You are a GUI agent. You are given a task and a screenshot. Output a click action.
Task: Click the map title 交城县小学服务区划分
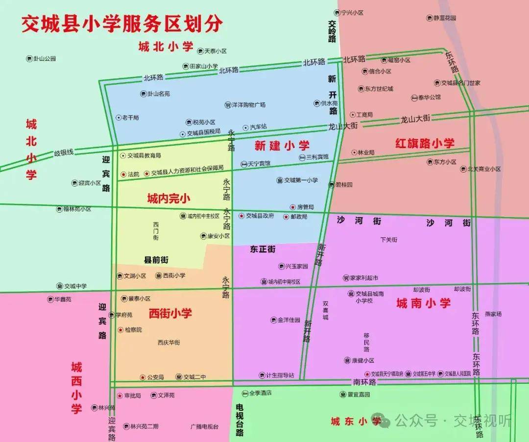tap(121, 24)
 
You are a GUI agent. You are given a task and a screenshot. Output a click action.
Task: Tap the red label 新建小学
tap(282, 145)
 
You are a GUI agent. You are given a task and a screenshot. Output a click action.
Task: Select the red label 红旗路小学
tap(425, 143)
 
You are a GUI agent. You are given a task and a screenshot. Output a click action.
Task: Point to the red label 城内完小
tap(168, 199)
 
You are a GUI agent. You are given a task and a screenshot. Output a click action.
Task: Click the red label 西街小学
tap(170, 313)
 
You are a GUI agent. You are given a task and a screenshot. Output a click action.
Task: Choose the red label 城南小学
tap(423, 303)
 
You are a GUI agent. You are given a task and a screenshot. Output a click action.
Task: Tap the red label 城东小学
tap(356, 421)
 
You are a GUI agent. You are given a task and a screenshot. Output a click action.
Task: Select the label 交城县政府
tap(260, 216)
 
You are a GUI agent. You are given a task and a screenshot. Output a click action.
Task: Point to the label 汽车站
tap(258, 127)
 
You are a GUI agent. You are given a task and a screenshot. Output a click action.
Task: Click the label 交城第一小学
tap(301, 180)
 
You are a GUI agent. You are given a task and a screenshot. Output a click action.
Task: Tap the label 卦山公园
tap(44, 59)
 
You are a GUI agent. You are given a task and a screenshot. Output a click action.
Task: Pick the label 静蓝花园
tap(444, 18)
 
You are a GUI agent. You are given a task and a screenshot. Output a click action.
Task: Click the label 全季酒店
tap(260, 393)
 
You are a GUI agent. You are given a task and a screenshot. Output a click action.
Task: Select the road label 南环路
tap(364, 381)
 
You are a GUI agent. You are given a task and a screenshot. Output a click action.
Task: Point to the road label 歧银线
tap(64, 153)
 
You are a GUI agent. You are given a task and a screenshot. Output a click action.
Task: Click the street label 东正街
tap(263, 249)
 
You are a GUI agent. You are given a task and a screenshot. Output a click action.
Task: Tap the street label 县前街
tap(156, 260)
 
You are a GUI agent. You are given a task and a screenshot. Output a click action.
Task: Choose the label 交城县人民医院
tap(457, 373)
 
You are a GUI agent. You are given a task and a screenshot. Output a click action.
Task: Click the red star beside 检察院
tap(120, 330)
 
